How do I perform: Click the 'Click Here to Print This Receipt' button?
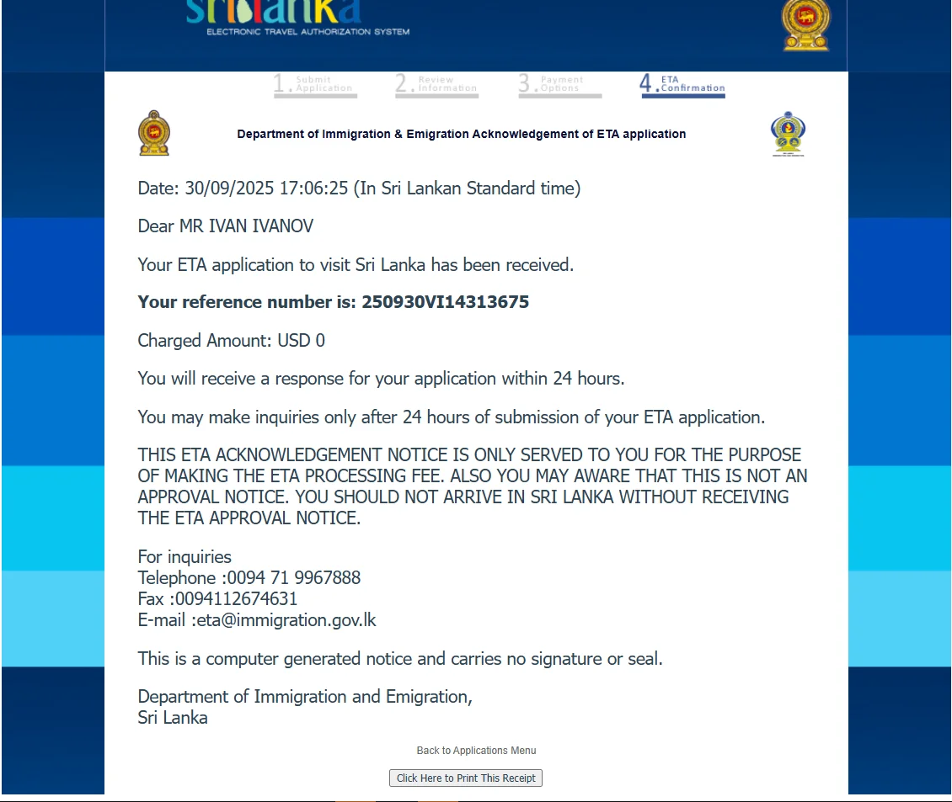[466, 778]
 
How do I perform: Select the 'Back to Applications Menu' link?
[476, 751]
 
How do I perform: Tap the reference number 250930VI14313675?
[445, 302]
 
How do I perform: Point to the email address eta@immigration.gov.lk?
[286, 620]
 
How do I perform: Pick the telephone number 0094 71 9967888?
[294, 578]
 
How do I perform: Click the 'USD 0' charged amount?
[302, 341]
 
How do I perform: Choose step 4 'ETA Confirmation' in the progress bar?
[682, 84]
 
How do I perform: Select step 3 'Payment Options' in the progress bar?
[559, 84]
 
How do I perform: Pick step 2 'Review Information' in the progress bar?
[436, 84]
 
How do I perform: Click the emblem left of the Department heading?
[154, 133]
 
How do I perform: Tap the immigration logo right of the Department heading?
[788, 134]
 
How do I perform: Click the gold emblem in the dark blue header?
[805, 24]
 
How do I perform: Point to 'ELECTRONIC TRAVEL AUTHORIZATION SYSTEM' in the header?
[308, 32]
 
